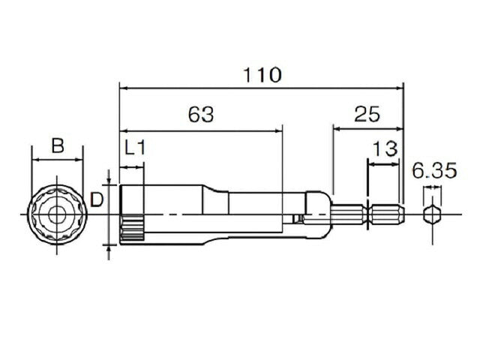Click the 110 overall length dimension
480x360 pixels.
click(262, 75)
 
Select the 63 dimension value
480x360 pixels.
click(201, 115)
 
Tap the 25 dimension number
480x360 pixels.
click(367, 114)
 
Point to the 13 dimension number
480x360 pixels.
click(385, 148)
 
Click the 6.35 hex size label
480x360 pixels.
click(434, 170)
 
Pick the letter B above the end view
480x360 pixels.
click(58, 145)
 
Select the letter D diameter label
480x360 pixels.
click(97, 200)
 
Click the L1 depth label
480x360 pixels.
click(135, 148)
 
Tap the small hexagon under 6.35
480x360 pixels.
click(432, 214)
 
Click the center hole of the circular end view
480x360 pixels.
click(57, 214)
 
